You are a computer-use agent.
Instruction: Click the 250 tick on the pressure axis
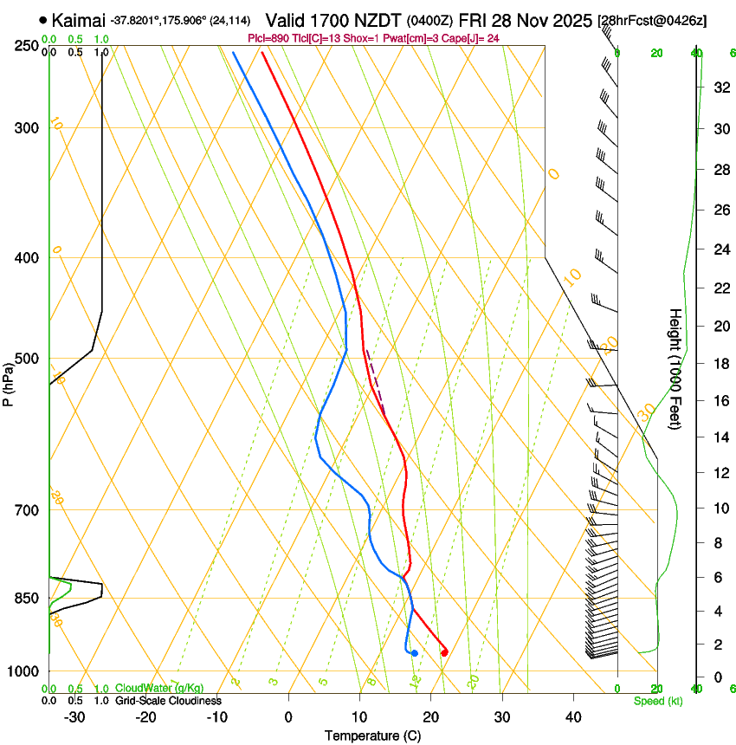point(27,46)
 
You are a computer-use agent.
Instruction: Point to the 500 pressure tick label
point(27,359)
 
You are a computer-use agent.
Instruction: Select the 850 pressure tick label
point(27,599)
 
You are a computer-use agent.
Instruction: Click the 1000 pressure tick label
point(23,671)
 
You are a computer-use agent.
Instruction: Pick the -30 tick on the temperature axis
point(74,716)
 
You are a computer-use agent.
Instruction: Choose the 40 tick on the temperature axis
point(572,716)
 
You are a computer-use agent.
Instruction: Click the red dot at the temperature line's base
point(444,652)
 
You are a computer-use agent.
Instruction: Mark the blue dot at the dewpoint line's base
point(415,652)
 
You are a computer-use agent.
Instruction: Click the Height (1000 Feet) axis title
point(675,368)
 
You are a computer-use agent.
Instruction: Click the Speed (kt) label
point(657,701)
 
